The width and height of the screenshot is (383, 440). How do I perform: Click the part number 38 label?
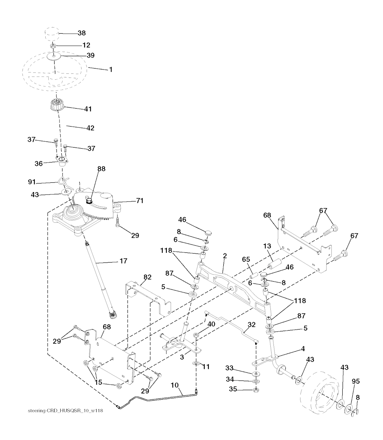pos(82,33)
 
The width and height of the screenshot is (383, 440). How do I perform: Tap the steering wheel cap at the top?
pos(52,34)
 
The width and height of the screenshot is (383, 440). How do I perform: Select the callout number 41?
pos(88,109)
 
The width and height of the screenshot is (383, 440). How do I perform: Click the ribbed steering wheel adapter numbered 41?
pos(58,104)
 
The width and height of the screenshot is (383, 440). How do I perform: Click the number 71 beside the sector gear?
pos(140,201)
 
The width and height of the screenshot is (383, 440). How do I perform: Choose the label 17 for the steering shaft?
pos(123,261)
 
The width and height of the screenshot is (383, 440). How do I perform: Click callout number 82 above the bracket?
pos(147,277)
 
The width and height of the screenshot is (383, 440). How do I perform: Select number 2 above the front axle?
pos(225,256)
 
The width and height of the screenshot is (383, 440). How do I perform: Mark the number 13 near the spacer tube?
pos(267,246)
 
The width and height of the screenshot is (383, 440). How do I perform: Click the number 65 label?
pos(246,259)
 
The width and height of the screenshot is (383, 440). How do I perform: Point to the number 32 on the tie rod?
pos(251,325)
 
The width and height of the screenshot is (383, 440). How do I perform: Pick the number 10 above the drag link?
pos(175,385)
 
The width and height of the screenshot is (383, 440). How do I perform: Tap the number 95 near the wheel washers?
pos(356,381)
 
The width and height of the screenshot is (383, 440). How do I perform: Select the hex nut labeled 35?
pos(256,390)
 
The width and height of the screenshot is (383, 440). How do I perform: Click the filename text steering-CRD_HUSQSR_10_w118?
pos(65,411)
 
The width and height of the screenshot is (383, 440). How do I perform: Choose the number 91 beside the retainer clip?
pos(32,182)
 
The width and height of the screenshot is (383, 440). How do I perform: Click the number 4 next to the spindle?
pos(303,349)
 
